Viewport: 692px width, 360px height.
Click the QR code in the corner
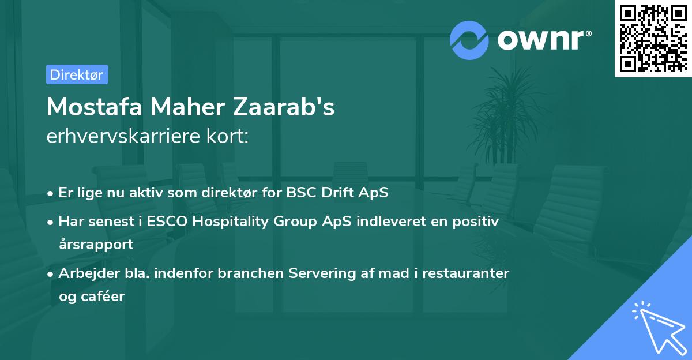point(653,38)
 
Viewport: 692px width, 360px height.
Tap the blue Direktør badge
point(77,74)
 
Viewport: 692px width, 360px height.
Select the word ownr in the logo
point(542,40)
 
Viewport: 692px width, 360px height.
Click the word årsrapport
point(96,244)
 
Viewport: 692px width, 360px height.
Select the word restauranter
point(466,273)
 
